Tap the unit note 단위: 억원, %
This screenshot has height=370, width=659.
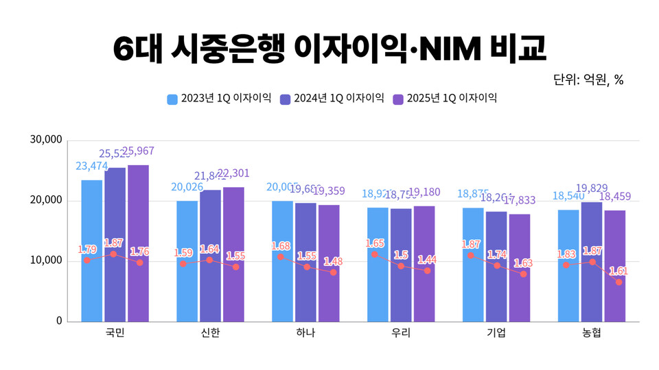click(588, 79)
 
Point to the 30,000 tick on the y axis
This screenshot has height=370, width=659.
click(47, 140)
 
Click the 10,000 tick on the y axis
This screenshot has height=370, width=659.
click(47, 261)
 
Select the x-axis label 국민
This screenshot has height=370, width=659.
click(115, 333)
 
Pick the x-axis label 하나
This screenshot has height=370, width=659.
click(305, 333)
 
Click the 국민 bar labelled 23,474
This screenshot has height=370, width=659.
click(91, 250)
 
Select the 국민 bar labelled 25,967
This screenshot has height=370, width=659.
click(138, 243)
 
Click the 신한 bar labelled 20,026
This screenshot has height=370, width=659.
click(187, 260)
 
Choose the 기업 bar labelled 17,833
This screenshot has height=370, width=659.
click(520, 267)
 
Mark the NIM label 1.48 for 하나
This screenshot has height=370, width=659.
click(332, 261)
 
